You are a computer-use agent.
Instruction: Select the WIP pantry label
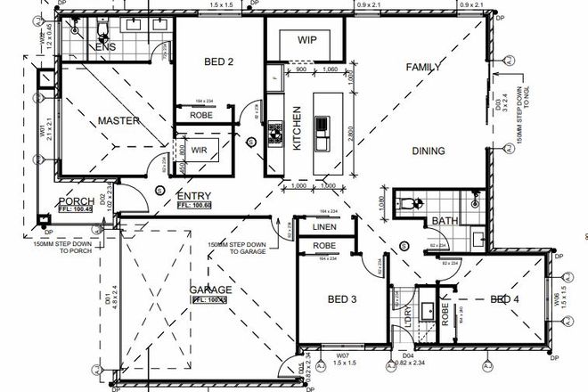coord(307,40)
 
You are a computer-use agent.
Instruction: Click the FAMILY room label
coord(425,68)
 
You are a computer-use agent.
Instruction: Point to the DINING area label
coord(428,151)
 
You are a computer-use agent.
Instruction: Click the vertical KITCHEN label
coord(297,129)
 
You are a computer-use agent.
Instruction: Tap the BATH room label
coord(444,221)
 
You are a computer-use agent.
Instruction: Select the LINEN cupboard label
coord(323,227)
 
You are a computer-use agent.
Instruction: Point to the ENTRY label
coord(193,195)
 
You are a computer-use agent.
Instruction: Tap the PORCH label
coord(76,201)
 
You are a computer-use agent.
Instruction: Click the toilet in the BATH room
coord(410,203)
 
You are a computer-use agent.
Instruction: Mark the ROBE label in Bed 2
coord(200,115)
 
